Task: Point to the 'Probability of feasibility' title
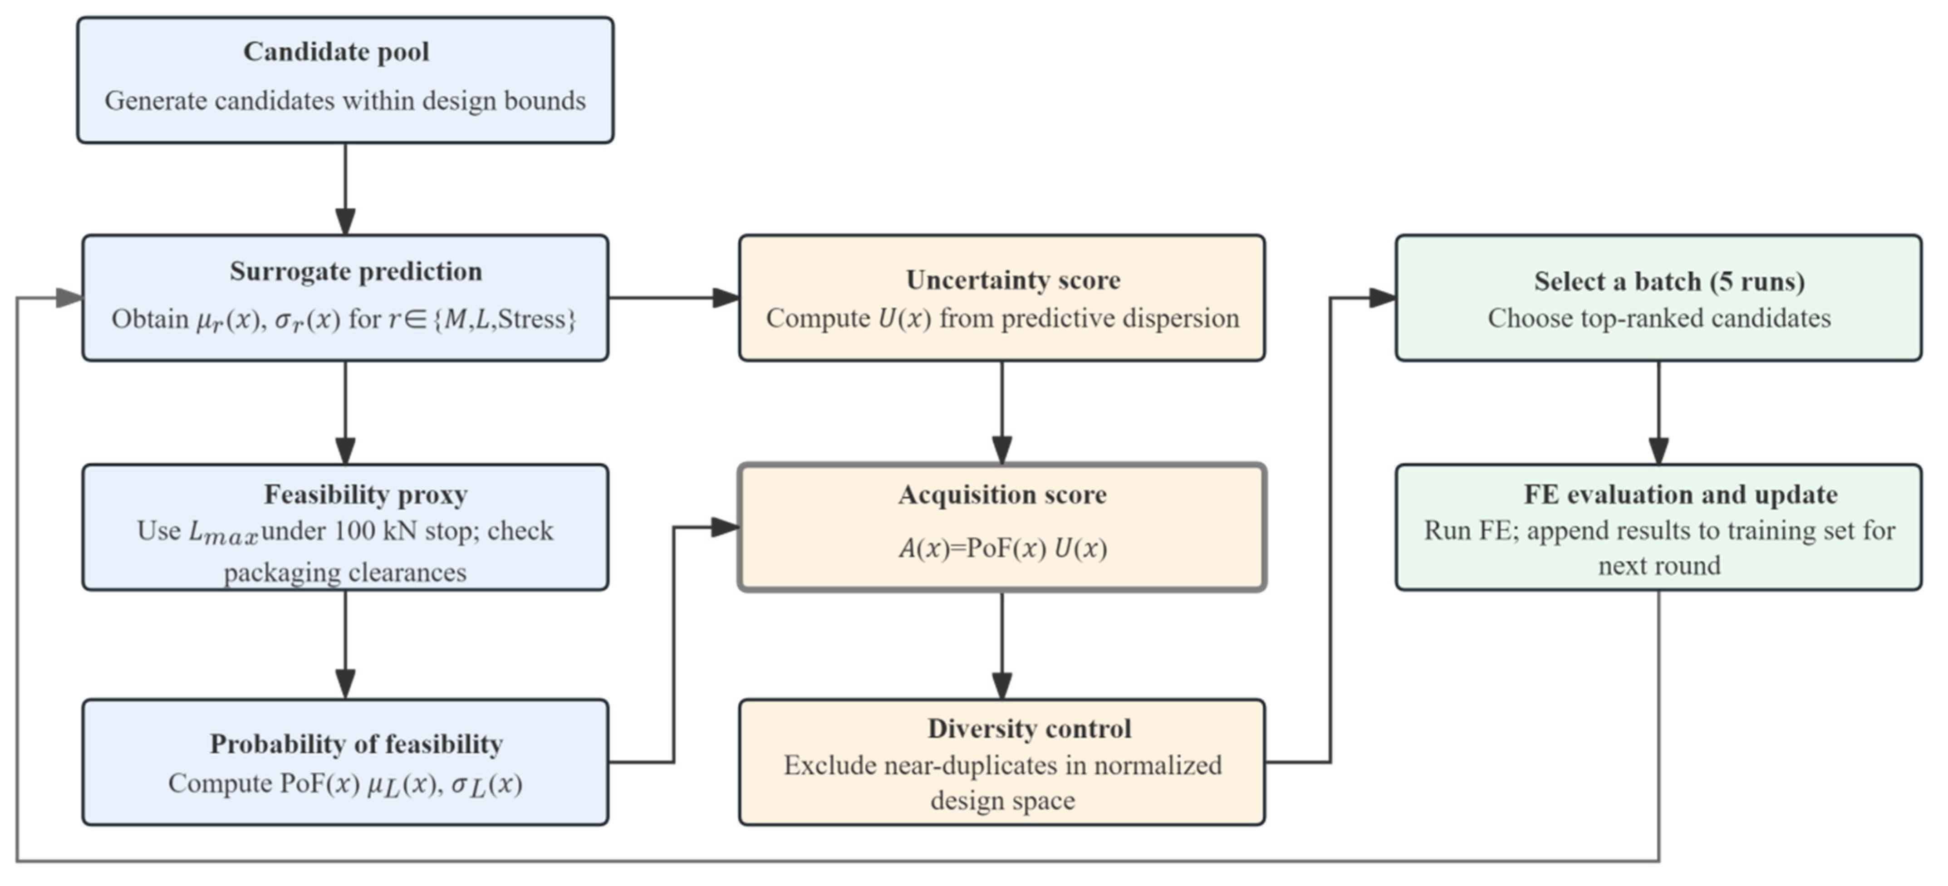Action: [x=356, y=744]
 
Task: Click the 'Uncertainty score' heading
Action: [x=1013, y=280]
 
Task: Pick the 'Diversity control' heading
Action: [x=1029, y=728]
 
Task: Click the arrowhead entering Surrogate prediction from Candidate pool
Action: [x=346, y=222]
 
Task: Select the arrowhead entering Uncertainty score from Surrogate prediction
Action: [x=726, y=298]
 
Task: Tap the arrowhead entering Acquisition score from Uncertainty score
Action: [x=1002, y=451]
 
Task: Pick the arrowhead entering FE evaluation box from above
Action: [x=1659, y=451]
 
